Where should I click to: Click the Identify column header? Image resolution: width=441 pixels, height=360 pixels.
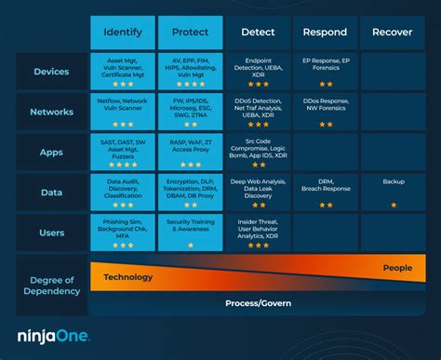pyautogui.click(x=123, y=33)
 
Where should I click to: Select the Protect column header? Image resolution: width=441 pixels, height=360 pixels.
pyautogui.click(x=189, y=33)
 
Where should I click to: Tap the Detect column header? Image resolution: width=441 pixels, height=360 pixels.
pyautogui.click(x=257, y=33)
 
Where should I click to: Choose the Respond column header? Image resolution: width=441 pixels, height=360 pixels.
pyautogui.click(x=324, y=33)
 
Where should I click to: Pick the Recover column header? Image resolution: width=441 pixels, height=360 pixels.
pyautogui.click(x=393, y=33)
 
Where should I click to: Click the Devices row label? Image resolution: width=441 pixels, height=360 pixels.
pyautogui.click(x=51, y=72)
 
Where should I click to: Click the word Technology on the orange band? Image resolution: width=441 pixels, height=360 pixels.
pyautogui.click(x=127, y=276)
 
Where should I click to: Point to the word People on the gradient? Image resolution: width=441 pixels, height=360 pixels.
pyautogui.click(x=397, y=269)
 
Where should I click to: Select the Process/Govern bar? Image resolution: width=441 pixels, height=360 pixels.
pyautogui.click(x=257, y=303)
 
